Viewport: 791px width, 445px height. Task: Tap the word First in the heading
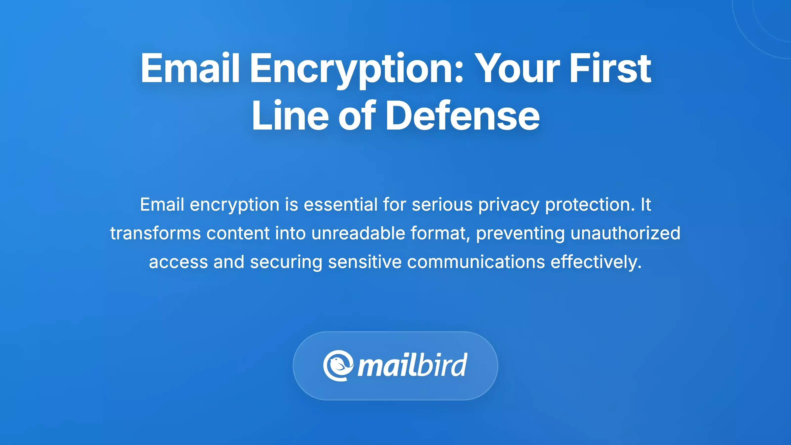[610, 68]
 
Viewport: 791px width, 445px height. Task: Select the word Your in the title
[517, 68]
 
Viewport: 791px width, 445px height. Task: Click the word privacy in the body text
[508, 205]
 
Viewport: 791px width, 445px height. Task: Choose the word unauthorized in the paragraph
[625, 233]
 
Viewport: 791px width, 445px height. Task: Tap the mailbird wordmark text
[412, 365]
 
